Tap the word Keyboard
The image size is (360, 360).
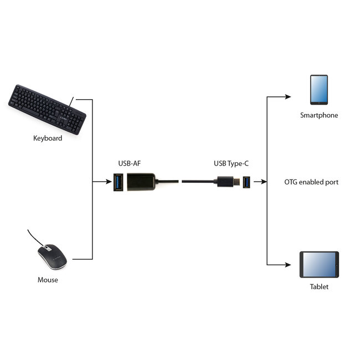(x=48, y=138)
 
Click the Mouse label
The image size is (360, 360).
(x=48, y=280)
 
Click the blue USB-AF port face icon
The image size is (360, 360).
(x=119, y=181)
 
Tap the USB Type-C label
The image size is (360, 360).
(x=232, y=163)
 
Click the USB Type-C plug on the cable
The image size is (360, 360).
(x=226, y=181)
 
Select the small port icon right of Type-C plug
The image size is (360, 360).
(x=246, y=181)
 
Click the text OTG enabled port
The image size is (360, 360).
(x=311, y=182)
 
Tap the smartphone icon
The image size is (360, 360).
(x=318, y=90)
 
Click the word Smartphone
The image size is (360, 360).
(x=318, y=116)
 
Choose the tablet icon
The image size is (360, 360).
(x=318, y=265)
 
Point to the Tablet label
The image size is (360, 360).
(x=319, y=286)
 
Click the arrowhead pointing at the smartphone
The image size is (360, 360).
(x=288, y=96)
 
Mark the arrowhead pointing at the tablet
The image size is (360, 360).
(x=288, y=265)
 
